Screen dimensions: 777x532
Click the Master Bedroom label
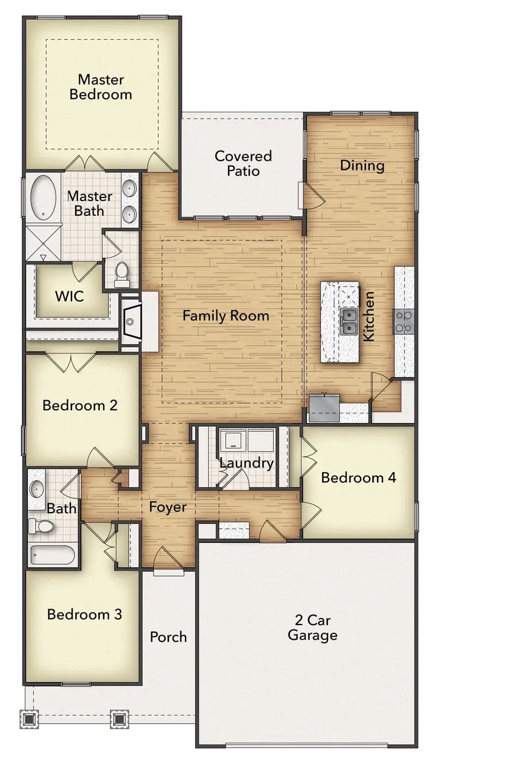click(100, 87)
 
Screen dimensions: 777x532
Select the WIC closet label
click(70, 296)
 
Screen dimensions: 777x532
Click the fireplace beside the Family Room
click(131, 322)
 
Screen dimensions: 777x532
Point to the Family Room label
click(225, 316)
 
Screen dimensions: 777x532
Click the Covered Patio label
click(243, 163)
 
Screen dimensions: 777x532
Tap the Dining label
click(362, 166)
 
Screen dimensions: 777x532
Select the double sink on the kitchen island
click(349, 322)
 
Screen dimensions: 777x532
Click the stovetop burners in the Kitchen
click(404, 322)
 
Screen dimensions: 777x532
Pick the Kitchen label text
click(369, 316)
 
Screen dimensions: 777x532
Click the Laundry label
click(246, 463)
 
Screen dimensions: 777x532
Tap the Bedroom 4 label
click(358, 477)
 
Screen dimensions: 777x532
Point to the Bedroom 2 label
click(80, 405)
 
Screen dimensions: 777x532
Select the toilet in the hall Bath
click(42, 526)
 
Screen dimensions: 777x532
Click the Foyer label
click(167, 507)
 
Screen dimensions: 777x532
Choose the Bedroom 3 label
click(85, 614)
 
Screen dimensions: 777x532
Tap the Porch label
click(168, 637)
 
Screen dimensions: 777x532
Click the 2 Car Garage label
click(312, 628)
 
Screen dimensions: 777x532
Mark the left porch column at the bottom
click(29, 719)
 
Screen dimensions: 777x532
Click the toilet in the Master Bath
click(122, 273)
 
